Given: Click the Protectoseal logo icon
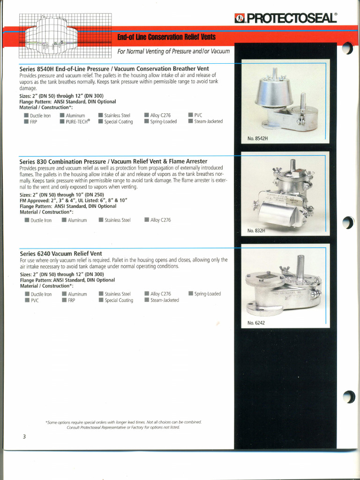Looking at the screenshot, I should tap(240, 19).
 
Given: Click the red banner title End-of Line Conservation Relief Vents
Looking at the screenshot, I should tap(166, 37).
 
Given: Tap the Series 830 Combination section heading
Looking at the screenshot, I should tap(113, 161).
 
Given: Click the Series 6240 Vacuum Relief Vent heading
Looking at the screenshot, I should tap(60, 254).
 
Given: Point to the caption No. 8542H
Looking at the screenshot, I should tap(257, 139).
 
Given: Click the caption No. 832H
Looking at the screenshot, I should tap(256, 231).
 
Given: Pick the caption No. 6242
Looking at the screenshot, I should tap(256, 323).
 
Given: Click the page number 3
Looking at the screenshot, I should tap(23, 437).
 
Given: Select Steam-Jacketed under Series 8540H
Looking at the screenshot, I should tap(208, 122).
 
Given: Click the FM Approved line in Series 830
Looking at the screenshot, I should tap(73, 201).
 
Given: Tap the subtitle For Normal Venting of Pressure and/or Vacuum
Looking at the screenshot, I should tap(173, 51).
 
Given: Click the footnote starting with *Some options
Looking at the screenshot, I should tap(123, 425).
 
